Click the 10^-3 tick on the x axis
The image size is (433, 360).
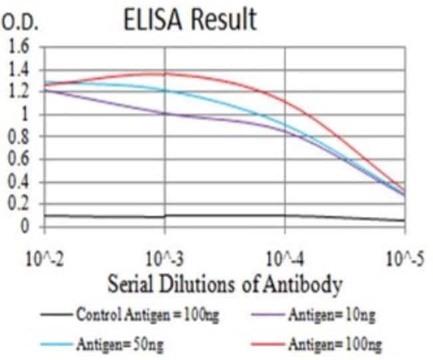click(x=165, y=258)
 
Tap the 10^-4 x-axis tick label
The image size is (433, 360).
click(x=285, y=258)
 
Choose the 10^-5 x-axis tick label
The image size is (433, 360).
click(x=404, y=258)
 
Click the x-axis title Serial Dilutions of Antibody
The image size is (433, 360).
click(x=225, y=285)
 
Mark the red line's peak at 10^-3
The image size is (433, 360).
click(x=165, y=73)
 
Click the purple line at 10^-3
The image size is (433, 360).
click(x=165, y=114)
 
